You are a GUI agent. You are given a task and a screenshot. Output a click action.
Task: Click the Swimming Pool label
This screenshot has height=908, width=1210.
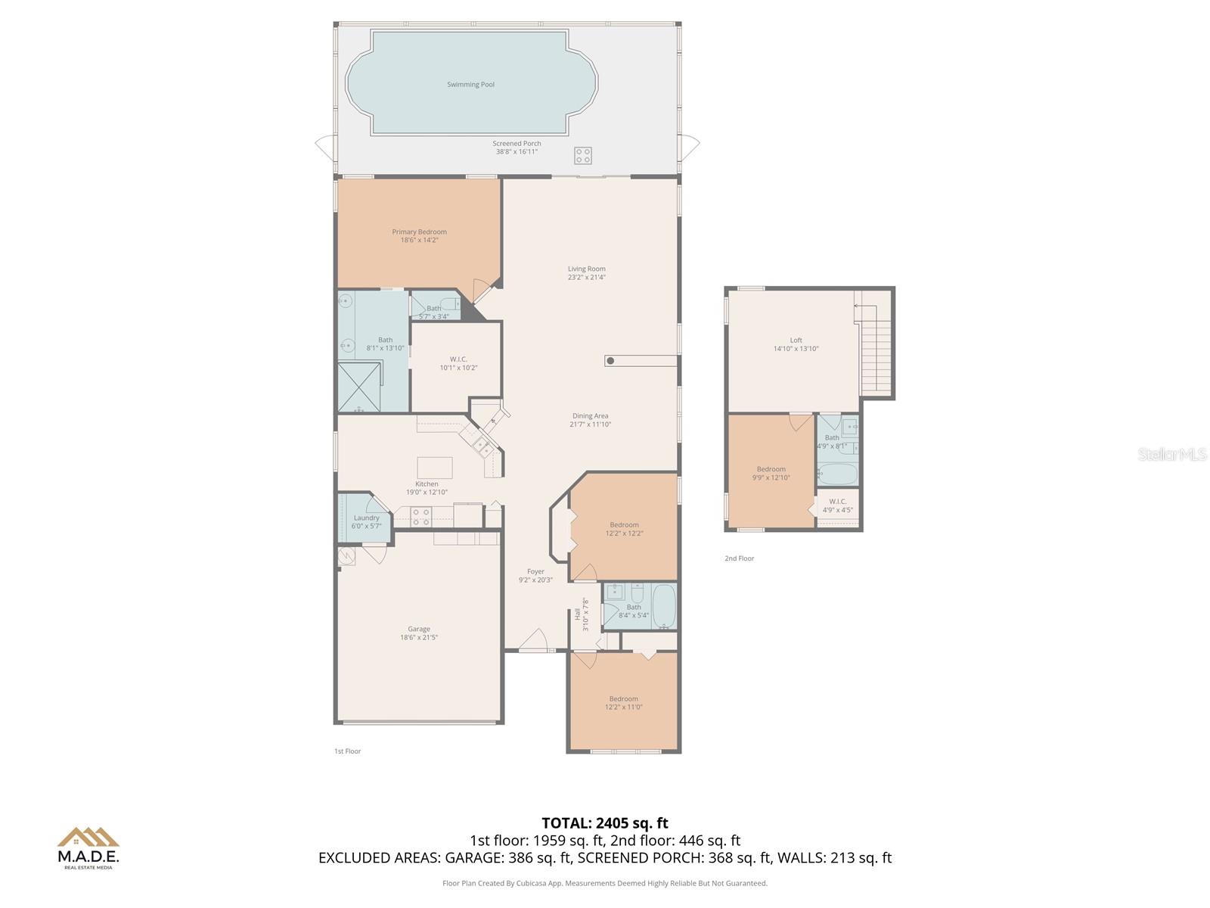click(470, 85)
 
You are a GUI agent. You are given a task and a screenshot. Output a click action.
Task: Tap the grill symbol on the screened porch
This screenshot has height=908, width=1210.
click(582, 156)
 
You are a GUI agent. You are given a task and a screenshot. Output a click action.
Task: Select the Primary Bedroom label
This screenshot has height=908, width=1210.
click(419, 232)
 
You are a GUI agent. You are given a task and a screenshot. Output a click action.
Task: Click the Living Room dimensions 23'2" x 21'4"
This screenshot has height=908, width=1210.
click(587, 278)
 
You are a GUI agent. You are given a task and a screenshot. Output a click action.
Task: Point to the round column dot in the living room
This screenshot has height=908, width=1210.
click(610, 361)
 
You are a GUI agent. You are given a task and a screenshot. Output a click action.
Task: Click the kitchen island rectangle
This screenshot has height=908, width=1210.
click(435, 468)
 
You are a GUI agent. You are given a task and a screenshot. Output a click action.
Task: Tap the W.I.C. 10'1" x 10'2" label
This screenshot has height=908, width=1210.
click(458, 363)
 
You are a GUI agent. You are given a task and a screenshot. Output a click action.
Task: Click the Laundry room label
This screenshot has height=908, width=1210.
click(367, 518)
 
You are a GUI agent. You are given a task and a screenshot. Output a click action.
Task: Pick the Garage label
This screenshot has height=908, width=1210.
click(419, 629)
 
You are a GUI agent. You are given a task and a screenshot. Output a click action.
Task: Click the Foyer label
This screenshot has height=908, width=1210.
click(535, 572)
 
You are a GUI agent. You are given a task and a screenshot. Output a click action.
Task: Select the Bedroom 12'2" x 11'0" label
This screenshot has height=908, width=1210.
click(624, 699)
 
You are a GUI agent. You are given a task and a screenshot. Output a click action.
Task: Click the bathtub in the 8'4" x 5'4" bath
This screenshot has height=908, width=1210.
click(664, 606)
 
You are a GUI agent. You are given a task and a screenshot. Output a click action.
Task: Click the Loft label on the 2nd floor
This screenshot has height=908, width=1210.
click(796, 340)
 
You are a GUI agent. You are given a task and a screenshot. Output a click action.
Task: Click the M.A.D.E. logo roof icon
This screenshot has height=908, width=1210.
click(88, 837)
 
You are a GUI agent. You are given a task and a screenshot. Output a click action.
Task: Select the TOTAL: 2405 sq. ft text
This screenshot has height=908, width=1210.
click(605, 823)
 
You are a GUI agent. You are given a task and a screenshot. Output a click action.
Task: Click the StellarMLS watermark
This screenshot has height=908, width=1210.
click(1172, 455)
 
